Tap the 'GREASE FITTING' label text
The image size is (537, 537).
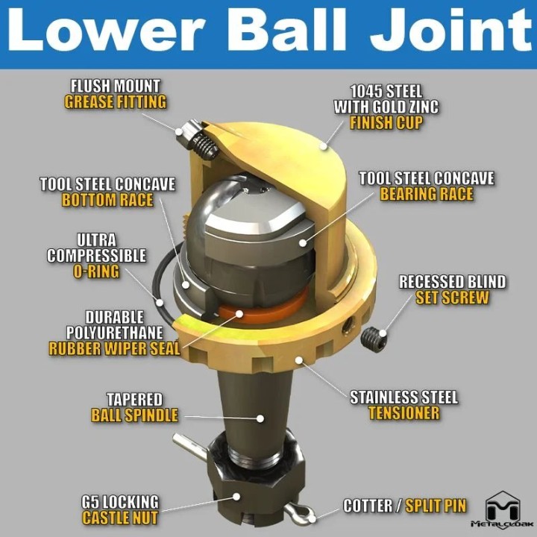(x=116, y=102)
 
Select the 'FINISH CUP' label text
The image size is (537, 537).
(x=386, y=122)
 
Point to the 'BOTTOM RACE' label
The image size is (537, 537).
(x=107, y=200)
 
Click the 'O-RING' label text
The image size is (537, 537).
(x=96, y=271)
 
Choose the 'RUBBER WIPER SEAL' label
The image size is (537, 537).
(x=114, y=348)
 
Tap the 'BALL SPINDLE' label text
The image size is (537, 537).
(x=134, y=415)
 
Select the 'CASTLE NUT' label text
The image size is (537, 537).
(x=120, y=518)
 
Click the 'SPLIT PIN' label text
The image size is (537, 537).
(x=436, y=506)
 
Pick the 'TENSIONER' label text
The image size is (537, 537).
(x=404, y=413)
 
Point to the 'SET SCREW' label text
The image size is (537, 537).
(x=452, y=298)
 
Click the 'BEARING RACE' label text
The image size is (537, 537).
(x=427, y=194)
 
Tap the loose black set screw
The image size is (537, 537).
(x=374, y=339)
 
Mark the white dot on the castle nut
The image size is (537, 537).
(x=236, y=496)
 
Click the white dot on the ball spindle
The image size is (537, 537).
(x=260, y=418)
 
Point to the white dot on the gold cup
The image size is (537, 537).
(x=323, y=146)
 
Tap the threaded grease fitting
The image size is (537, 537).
(x=197, y=139)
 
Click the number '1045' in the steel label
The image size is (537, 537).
(x=368, y=92)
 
